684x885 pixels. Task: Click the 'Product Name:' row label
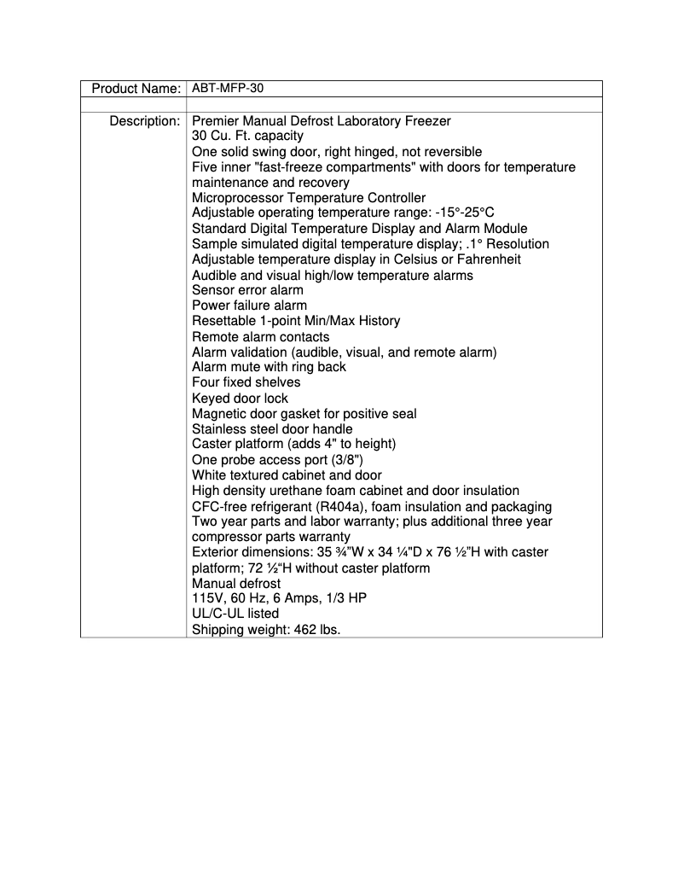(x=136, y=89)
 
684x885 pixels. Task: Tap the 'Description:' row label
(x=144, y=121)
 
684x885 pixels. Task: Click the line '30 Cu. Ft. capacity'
(x=247, y=137)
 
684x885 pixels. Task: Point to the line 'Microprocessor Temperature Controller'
(x=309, y=198)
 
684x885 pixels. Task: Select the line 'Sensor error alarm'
(x=247, y=290)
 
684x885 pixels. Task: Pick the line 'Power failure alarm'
(x=250, y=306)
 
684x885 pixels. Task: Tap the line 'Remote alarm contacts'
(x=260, y=337)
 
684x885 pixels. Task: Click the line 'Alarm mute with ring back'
(x=269, y=367)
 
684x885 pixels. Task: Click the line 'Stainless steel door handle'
(x=272, y=429)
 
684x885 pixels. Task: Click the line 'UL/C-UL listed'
(x=235, y=614)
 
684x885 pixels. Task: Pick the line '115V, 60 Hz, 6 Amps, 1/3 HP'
(x=279, y=598)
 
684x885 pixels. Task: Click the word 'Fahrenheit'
(x=489, y=259)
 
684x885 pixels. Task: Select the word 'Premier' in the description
(x=216, y=121)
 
